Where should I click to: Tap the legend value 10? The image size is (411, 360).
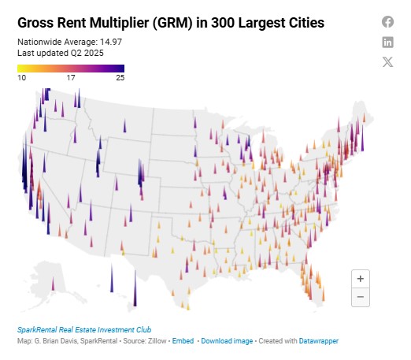tap(22, 78)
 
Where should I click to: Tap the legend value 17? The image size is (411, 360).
tap(71, 78)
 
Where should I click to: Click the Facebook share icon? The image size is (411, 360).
tap(387, 21)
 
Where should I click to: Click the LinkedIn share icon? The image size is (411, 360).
tap(387, 42)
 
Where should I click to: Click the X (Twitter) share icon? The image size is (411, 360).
tap(387, 62)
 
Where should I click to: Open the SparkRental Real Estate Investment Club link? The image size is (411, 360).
tap(83, 329)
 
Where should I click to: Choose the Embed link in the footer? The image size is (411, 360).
tap(183, 341)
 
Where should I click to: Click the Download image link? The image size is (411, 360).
tap(227, 341)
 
